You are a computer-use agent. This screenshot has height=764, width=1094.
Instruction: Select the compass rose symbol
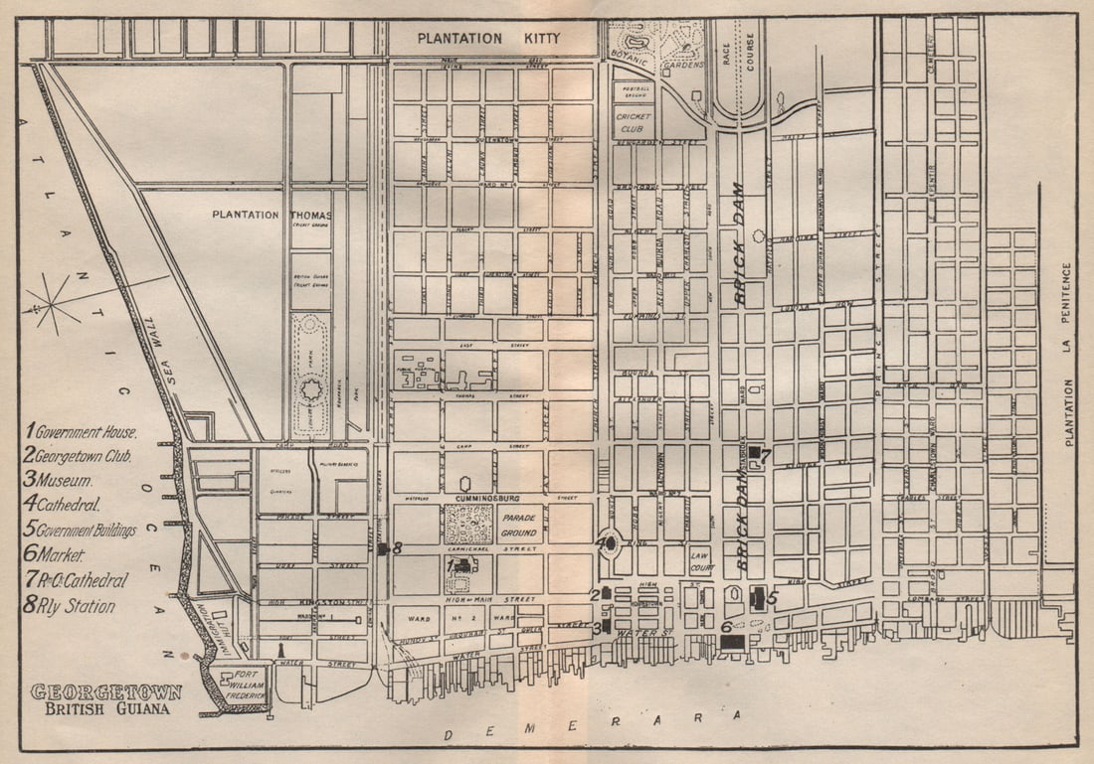[x=52, y=302]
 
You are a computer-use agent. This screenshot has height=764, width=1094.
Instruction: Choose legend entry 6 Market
[x=56, y=555]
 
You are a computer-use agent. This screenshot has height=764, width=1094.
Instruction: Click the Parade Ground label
[x=520, y=524]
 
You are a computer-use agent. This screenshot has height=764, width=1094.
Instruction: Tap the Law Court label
[x=700, y=560]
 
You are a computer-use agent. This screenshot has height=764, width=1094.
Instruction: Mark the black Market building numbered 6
[x=732, y=642]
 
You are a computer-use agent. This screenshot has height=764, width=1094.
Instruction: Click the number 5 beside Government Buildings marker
[x=773, y=598]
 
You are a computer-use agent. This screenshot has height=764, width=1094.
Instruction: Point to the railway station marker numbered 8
[x=383, y=547]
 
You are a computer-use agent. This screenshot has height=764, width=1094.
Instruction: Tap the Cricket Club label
[x=634, y=123]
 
